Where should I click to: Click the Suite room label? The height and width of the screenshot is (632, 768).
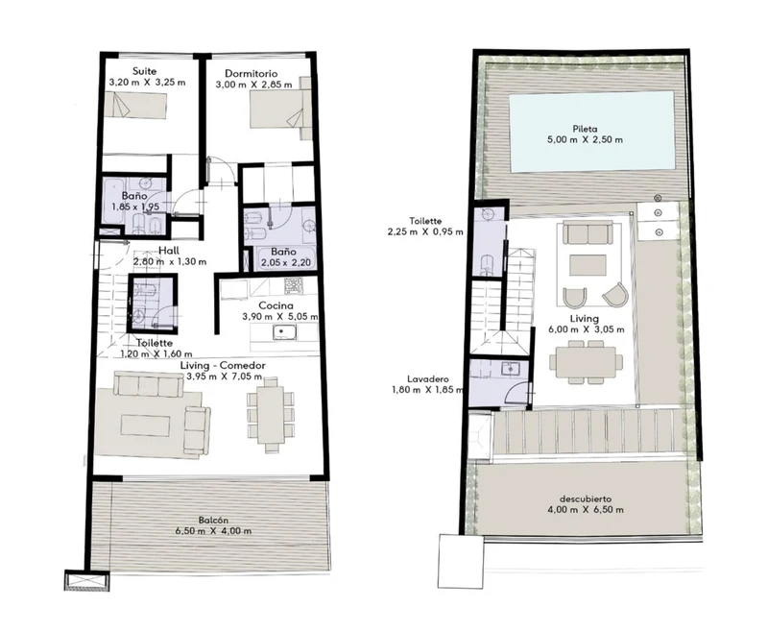tap(145, 71)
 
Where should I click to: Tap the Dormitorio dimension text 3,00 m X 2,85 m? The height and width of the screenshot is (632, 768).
tap(253, 85)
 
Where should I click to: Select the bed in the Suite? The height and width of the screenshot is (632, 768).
tap(135, 105)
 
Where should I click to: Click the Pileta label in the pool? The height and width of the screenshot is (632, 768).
tap(585, 129)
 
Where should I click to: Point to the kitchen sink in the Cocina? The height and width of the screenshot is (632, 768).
tap(283, 332)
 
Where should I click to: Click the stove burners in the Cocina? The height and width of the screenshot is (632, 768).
tap(294, 285)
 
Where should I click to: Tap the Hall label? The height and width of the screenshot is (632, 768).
tap(169, 251)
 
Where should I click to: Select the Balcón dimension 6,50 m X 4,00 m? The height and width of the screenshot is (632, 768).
tap(213, 530)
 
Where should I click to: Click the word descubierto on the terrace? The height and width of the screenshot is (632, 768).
tap(586, 498)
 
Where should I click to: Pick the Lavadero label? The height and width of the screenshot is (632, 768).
tap(427, 379)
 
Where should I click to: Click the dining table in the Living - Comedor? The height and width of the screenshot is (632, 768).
tap(272, 414)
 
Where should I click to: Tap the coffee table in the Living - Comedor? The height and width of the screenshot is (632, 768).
tap(146, 425)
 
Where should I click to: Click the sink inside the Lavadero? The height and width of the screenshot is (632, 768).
tap(511, 369)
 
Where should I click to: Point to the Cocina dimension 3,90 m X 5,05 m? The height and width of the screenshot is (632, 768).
tap(279, 317)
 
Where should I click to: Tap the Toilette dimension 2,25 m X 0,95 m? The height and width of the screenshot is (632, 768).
tap(425, 231)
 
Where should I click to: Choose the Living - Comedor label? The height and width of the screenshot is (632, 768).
tap(223, 366)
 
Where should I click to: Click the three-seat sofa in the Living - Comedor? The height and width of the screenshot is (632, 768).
tap(149, 383)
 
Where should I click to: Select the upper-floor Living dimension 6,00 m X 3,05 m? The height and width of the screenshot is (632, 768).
tap(587, 329)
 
